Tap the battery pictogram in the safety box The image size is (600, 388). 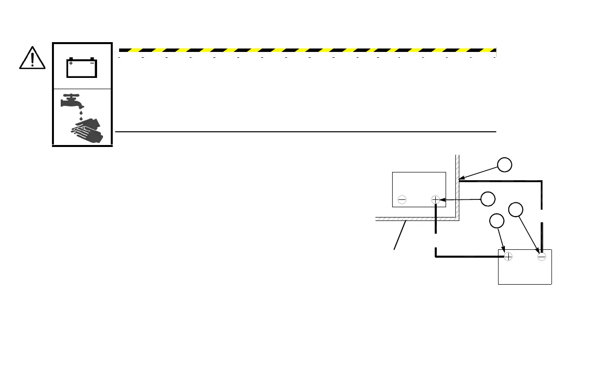pyautogui.click(x=82, y=68)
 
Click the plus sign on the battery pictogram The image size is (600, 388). pyautogui.click(x=72, y=63)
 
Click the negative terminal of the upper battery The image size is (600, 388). pyautogui.click(x=402, y=199)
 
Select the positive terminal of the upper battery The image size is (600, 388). pyautogui.click(x=435, y=199)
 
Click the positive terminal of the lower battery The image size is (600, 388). pyautogui.click(x=508, y=256)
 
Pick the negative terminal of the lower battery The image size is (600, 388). pyautogui.click(x=541, y=256)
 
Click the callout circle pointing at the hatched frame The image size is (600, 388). pyautogui.click(x=505, y=165)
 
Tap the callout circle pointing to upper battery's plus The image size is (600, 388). pyautogui.click(x=487, y=198)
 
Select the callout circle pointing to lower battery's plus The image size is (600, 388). pyautogui.click(x=497, y=221)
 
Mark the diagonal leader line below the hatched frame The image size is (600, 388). pyautogui.click(x=400, y=236)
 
